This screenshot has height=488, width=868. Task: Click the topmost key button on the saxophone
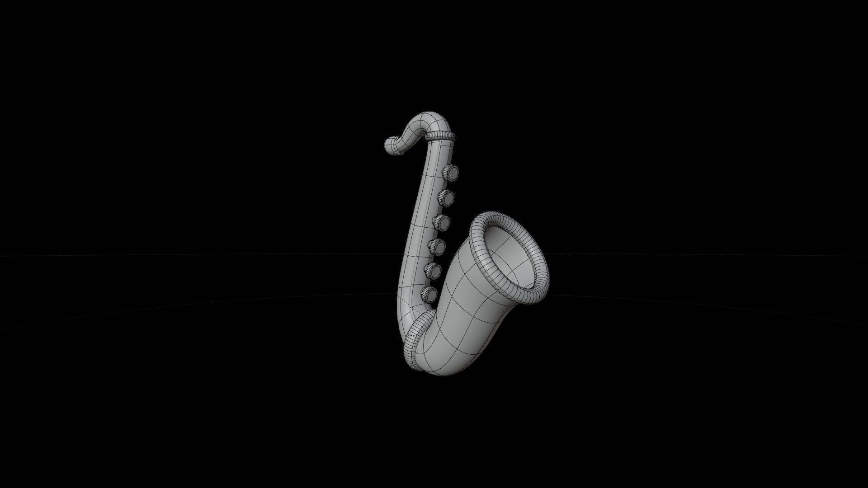pos(449,172)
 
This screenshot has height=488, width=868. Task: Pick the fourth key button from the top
pos(437,247)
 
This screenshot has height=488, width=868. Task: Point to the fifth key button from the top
pos(433,270)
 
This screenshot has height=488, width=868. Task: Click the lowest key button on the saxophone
pos(429,294)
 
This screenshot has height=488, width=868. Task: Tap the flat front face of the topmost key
pos(451,172)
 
